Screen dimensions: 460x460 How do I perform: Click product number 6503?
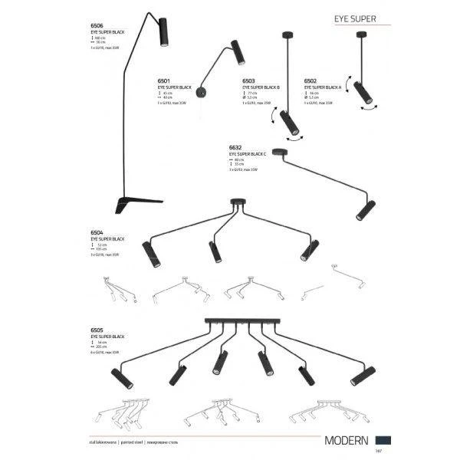[248, 80]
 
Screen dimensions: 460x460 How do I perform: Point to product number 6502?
[310, 80]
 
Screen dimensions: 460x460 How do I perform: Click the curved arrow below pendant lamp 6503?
[294, 136]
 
